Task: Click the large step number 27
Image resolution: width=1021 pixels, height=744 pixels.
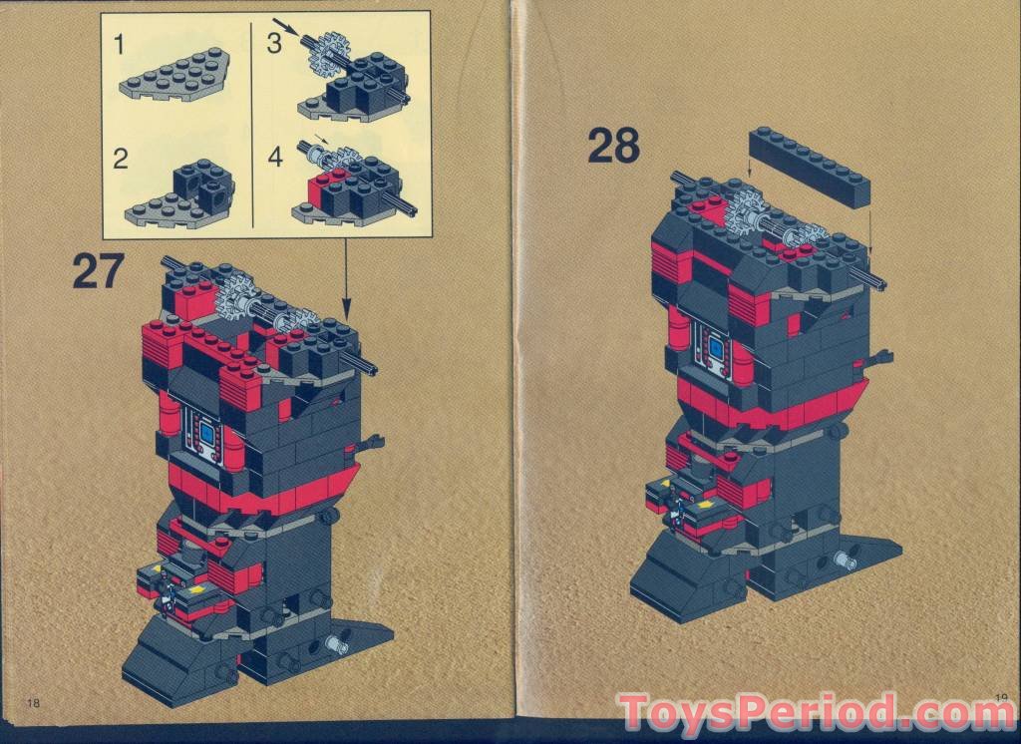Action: click(x=97, y=272)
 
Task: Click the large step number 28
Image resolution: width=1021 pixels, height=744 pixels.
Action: click(x=613, y=146)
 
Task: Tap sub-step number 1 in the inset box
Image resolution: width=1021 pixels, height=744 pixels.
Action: click(x=120, y=44)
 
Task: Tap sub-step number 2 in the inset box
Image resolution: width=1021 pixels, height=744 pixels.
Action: click(x=121, y=159)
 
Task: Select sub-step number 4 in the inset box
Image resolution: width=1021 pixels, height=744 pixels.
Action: click(x=275, y=158)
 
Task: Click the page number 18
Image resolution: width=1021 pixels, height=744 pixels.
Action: click(x=35, y=702)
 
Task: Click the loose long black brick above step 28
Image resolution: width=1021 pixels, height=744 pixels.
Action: click(x=812, y=167)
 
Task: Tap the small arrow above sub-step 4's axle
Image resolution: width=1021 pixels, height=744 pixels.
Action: click(x=323, y=140)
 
